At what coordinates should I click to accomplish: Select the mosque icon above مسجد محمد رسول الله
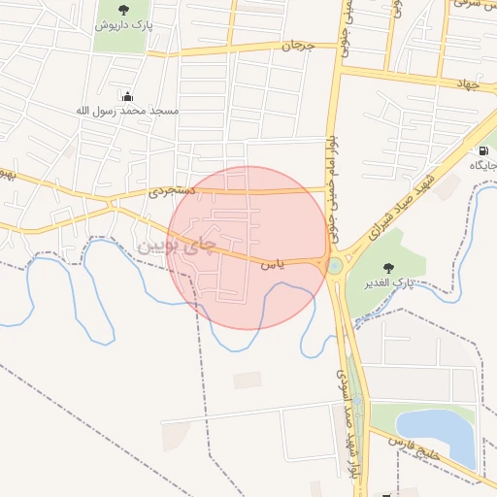tap(128, 95)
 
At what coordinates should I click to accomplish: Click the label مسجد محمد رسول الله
tap(127, 110)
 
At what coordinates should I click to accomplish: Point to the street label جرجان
tap(299, 46)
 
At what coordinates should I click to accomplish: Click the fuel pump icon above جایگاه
tap(482, 150)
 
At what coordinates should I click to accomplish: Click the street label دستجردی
tap(172, 192)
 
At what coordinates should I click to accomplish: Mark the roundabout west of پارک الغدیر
tap(335, 265)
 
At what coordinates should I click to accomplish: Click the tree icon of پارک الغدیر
tap(389, 268)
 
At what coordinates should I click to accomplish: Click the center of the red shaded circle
tap(248, 248)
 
